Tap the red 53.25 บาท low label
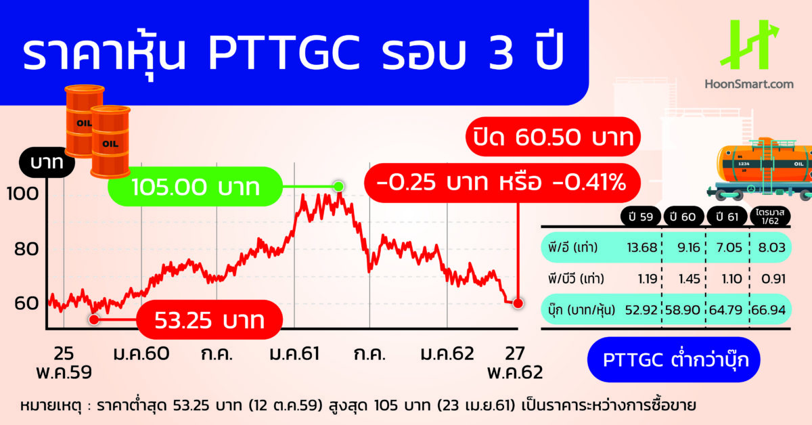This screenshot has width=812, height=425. (x=208, y=319)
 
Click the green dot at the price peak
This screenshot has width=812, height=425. (x=338, y=186)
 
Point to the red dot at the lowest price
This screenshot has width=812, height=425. (x=94, y=317)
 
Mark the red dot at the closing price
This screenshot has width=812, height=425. (x=518, y=303)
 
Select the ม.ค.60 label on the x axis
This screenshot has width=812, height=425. (x=141, y=355)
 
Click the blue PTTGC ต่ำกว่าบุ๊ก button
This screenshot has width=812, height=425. (x=670, y=359)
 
